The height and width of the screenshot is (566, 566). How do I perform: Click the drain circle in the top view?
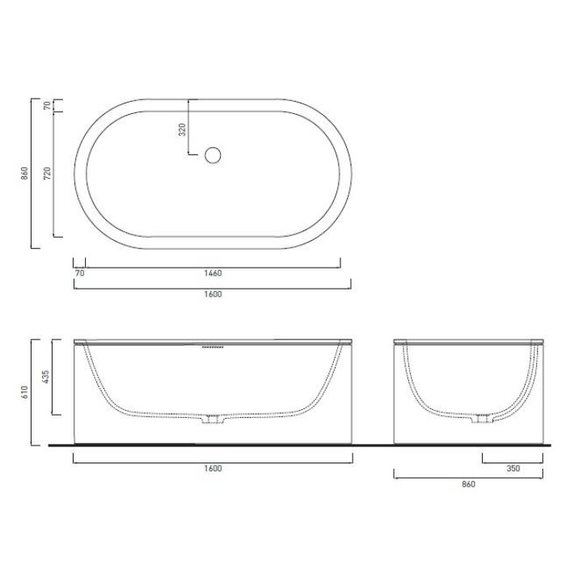click(x=213, y=155)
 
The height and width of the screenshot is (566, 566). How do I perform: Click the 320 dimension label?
click(x=182, y=128)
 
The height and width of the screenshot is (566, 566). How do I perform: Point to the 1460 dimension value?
click(x=213, y=273)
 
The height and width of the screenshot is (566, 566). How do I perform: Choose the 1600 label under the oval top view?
click(x=213, y=294)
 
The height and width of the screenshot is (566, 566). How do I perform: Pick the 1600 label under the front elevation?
click(x=213, y=468)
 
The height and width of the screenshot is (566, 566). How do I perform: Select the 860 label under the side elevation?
click(x=467, y=484)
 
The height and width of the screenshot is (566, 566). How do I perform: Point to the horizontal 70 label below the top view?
click(x=79, y=273)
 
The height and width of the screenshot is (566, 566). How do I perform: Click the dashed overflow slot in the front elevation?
click(x=211, y=348)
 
